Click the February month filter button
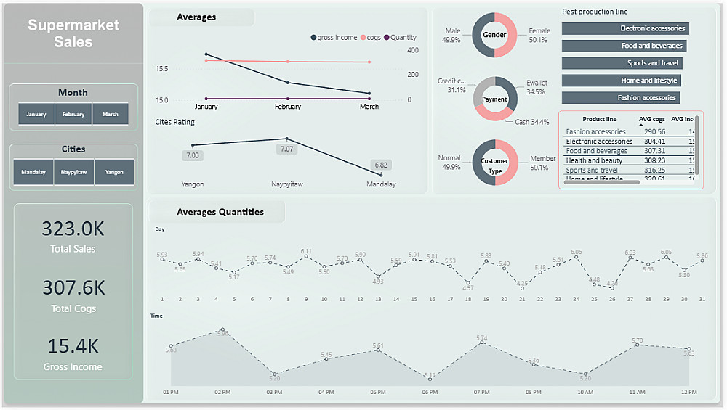point(73,114)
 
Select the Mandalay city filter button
point(33,172)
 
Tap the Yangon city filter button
point(114,172)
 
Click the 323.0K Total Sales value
point(73,229)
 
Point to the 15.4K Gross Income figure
point(73,346)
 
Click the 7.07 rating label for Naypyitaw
point(286,149)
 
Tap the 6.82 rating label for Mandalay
point(380,165)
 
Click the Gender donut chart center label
point(494,35)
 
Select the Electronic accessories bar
point(625,28)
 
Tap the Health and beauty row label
point(594,160)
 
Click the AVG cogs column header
point(651,119)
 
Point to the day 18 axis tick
point(468,299)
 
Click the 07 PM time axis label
point(481,392)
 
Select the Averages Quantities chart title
point(220,212)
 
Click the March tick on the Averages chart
point(369,107)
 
